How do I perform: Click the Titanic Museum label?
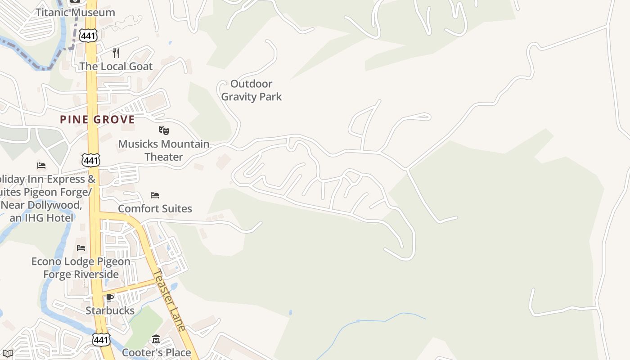tap(75, 13)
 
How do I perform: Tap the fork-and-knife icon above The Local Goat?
tap(116, 53)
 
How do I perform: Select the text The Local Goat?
tap(116, 66)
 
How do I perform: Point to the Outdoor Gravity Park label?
tap(251, 90)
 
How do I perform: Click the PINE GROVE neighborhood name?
tap(97, 119)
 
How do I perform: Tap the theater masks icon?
tap(164, 130)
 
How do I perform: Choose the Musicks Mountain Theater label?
tap(164, 150)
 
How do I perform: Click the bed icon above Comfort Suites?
tap(155, 195)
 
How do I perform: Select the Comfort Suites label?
tap(155, 208)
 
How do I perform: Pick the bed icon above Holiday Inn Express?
tap(41, 166)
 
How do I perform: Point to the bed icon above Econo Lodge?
tap(81, 247)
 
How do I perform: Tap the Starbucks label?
tap(110, 310)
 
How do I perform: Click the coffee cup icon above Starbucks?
tap(110, 297)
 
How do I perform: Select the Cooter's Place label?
tap(156, 352)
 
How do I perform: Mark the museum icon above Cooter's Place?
tap(156, 339)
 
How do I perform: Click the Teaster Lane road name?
tap(169, 300)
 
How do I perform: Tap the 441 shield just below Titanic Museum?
tap(89, 36)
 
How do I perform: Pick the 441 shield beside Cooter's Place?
tap(101, 339)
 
